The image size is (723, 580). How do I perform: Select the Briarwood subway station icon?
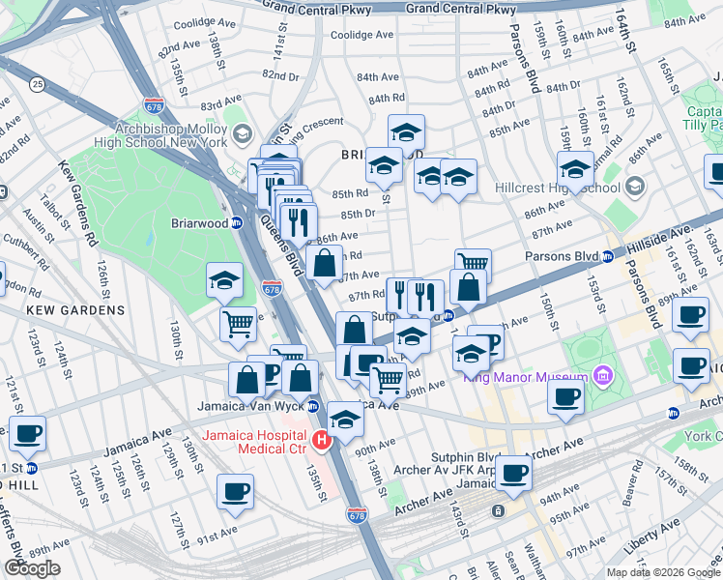point(238,223)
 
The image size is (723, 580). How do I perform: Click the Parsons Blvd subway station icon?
point(608,257)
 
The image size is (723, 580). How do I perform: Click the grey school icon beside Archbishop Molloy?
point(241,134)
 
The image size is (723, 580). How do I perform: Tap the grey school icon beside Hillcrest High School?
point(635,185)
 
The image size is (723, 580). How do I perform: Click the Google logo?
point(32,568)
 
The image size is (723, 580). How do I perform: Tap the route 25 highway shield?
point(37,85)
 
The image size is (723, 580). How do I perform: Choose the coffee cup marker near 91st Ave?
point(235,491)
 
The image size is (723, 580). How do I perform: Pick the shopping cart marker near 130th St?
point(238,324)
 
